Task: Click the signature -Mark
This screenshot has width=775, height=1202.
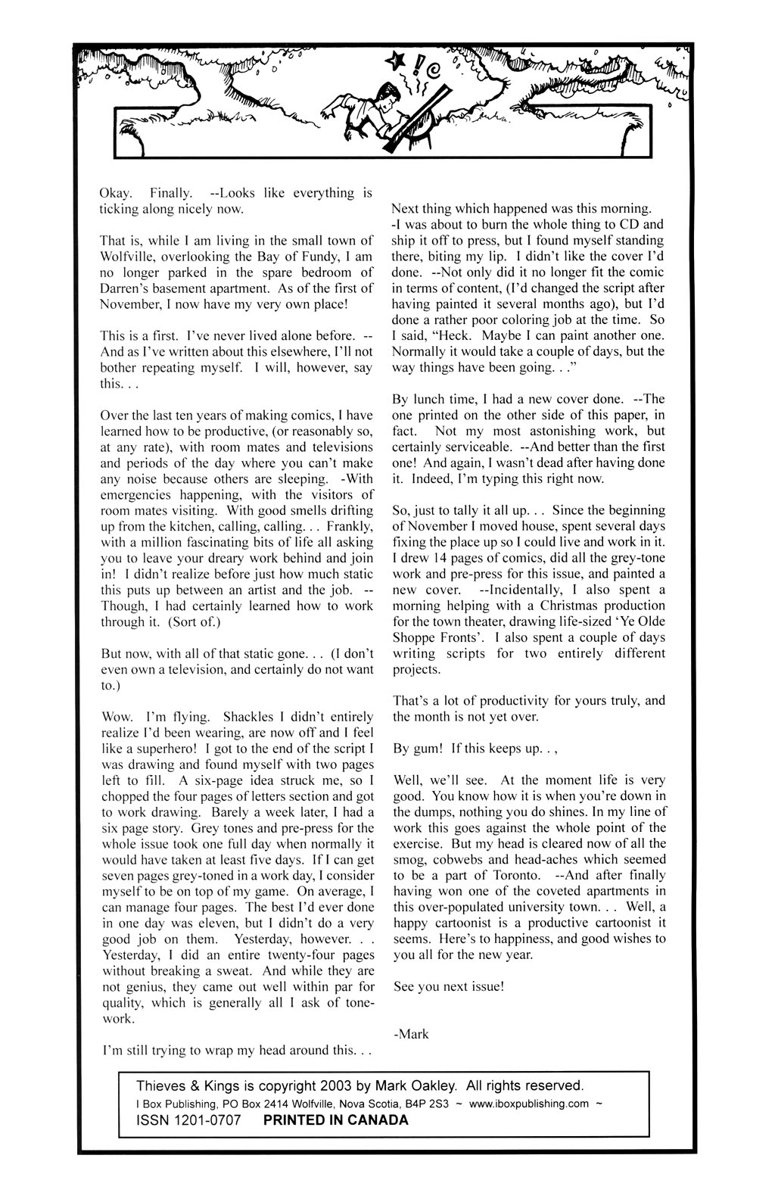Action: coord(411,1034)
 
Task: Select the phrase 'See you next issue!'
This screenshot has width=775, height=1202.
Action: coord(448,987)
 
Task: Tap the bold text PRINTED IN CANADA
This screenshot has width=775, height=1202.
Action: coord(335,1120)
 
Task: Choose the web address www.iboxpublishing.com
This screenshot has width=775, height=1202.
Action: coord(528,1104)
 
